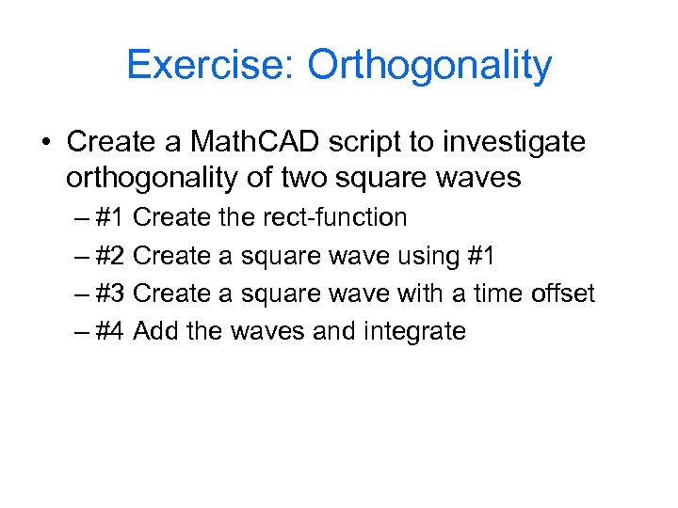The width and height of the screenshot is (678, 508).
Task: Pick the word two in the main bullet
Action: [x=328, y=178]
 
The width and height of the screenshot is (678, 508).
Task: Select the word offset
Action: [x=562, y=294]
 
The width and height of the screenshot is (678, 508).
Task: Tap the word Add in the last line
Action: [x=154, y=331]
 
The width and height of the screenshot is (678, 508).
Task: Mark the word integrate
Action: [x=419, y=332]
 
